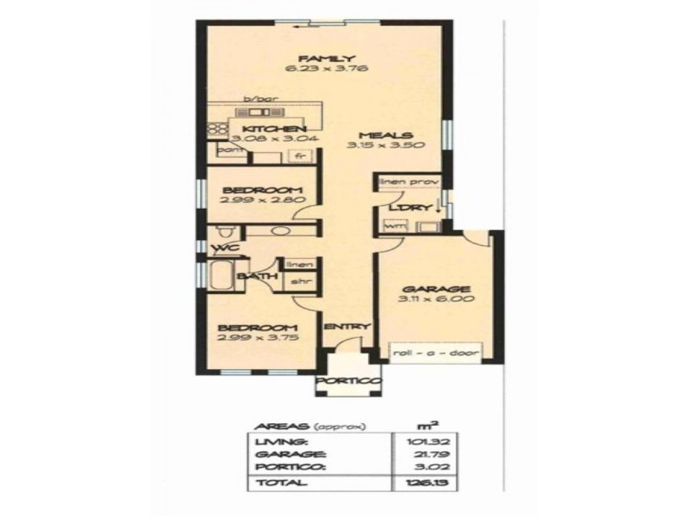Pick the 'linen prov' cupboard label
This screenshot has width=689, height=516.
pos(407,182)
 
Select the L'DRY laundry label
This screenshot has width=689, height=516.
pos(402,208)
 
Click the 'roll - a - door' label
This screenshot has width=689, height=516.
pos(434,353)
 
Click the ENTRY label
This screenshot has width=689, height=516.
pos(346,327)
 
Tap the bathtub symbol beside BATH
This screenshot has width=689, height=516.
pos(218,277)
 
